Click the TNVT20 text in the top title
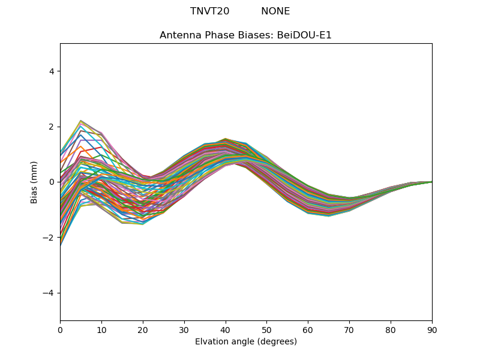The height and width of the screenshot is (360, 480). (209, 11)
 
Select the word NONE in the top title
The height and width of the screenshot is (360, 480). (275, 11)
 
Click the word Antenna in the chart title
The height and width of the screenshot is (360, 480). (178, 35)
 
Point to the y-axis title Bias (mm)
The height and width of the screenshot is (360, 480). (34, 182)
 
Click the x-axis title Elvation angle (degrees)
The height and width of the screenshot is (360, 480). (246, 342)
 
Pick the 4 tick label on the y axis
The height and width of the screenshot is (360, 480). (51, 71)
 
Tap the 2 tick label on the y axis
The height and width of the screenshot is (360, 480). (51, 127)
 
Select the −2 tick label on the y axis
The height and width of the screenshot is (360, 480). (49, 238)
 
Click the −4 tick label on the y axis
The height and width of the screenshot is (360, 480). (49, 293)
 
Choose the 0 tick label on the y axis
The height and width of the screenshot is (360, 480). (51, 182)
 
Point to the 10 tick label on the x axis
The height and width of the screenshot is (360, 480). (101, 329)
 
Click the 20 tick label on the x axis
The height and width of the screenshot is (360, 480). (143, 329)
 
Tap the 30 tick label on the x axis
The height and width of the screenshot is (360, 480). (184, 329)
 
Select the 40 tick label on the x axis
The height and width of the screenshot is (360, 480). (226, 329)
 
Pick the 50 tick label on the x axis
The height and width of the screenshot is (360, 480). (266, 329)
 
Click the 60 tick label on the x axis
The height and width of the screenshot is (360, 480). (308, 329)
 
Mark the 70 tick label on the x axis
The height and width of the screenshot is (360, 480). (349, 329)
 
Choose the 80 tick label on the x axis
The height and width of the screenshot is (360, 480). (391, 329)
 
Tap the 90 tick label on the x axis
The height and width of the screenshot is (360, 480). (432, 329)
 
